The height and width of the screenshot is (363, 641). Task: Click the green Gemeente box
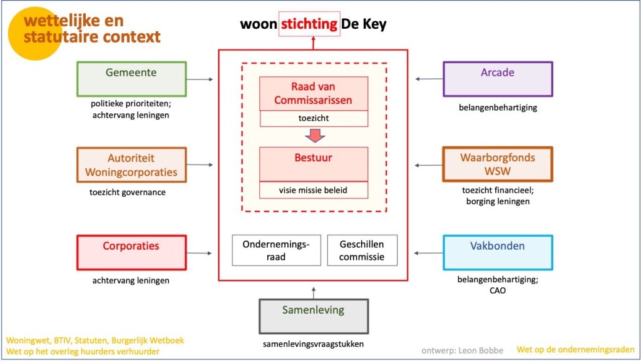pos(131,79)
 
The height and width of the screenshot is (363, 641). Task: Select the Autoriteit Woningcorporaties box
pos(131,165)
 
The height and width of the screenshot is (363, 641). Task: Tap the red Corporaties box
pos(131,252)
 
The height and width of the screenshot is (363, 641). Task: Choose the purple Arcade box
pos(498,79)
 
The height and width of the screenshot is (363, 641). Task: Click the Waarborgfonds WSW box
pos(498,164)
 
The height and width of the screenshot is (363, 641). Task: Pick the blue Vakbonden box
pos(498,252)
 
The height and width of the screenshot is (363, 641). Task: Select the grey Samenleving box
pos(314,316)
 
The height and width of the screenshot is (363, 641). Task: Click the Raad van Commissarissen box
pos(314,94)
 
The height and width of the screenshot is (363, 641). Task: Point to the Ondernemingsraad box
pos(276,250)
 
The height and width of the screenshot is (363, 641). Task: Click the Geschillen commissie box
pos(362,250)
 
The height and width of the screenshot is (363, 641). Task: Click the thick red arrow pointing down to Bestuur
pos(314,136)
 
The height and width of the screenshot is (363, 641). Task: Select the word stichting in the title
pos(310,24)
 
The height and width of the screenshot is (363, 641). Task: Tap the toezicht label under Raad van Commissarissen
pos(314,118)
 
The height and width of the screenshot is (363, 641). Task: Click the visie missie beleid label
pos(314,190)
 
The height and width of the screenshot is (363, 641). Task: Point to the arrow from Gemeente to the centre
pos(200,79)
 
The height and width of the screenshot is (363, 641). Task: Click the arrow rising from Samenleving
pos(314,291)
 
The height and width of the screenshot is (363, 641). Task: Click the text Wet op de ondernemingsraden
pos(575,350)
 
